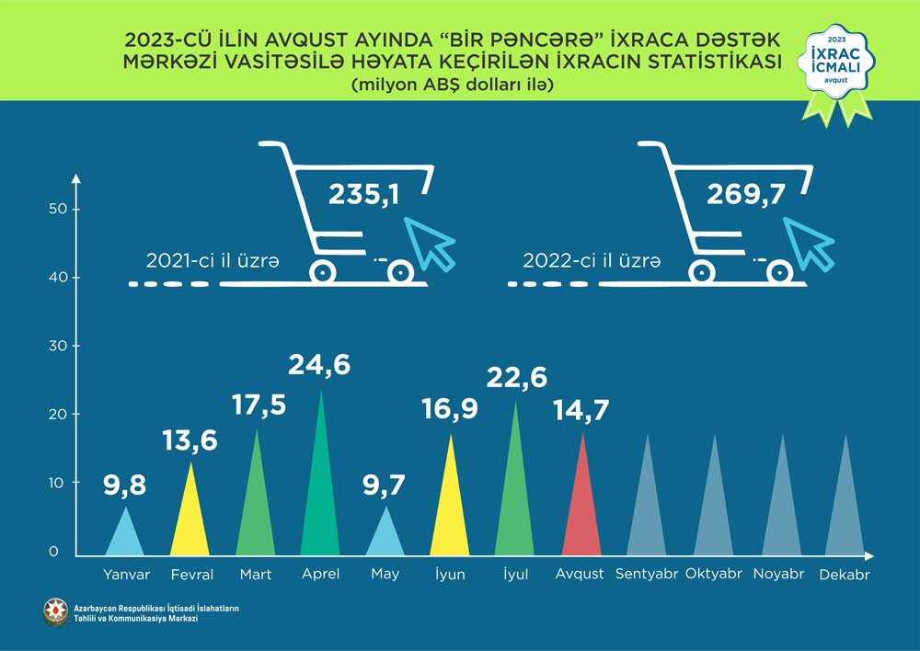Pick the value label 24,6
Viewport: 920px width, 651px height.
(x=319, y=365)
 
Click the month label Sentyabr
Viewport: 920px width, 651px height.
(x=647, y=574)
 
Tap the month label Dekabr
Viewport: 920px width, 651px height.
(x=844, y=574)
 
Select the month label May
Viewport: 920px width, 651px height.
(x=385, y=574)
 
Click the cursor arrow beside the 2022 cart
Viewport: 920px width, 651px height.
(x=810, y=241)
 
